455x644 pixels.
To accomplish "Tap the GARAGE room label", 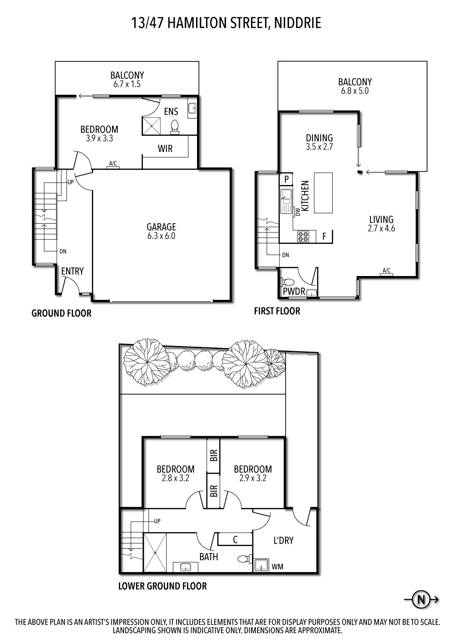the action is [x=161, y=227].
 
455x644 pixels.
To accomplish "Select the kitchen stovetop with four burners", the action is [x=303, y=236].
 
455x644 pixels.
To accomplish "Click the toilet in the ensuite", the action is [x=175, y=127].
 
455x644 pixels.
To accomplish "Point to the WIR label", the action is [x=165, y=149].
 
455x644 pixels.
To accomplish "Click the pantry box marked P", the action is [x=286, y=179].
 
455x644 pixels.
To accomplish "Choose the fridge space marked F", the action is [x=325, y=236].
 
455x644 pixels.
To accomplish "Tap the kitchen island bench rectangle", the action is [x=323, y=193].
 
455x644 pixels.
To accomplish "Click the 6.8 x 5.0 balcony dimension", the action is [x=355, y=91].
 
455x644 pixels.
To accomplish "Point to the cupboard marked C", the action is [x=235, y=540].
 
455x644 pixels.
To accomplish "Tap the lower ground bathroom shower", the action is [x=155, y=553].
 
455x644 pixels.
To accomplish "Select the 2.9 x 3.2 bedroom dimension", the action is [x=253, y=478].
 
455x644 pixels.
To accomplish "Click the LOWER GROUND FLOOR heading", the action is [x=163, y=586].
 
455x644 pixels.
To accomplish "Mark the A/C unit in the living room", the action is [x=387, y=274].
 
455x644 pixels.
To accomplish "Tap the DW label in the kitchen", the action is [x=298, y=212].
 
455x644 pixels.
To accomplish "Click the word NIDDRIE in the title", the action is [x=297, y=23].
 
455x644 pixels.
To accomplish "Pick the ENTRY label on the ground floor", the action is [x=73, y=271].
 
